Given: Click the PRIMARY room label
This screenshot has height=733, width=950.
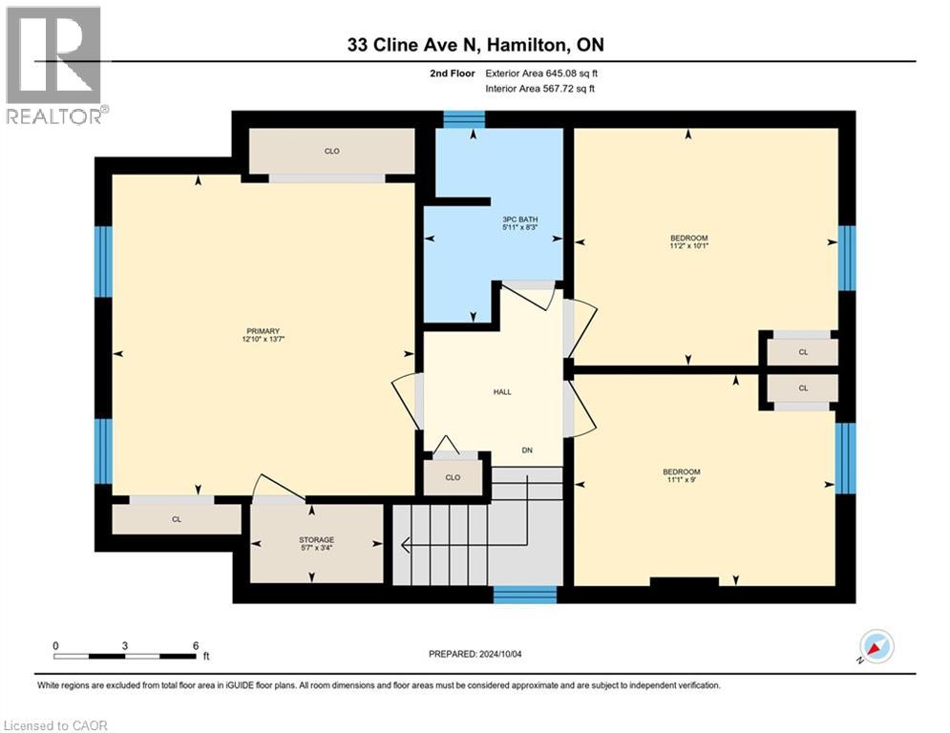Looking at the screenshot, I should click(x=263, y=330).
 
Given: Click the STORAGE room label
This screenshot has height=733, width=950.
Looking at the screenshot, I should click(x=316, y=539).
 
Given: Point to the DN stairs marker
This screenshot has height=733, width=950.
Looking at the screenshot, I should click(x=526, y=450).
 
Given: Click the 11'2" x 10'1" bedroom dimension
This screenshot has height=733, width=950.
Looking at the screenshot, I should click(x=688, y=245).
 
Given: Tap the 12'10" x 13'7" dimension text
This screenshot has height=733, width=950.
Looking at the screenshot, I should click(x=263, y=339).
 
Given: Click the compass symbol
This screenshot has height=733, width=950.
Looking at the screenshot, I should click(x=876, y=646).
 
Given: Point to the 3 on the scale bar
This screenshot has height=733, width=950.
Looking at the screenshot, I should click(x=125, y=645).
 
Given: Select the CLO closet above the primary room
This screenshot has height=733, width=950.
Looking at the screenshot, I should click(x=331, y=151).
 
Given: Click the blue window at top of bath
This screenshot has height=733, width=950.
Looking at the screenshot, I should click(x=464, y=119).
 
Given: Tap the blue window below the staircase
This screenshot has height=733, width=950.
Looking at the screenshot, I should click(x=525, y=595).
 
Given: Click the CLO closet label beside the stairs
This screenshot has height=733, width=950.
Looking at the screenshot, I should click(x=453, y=477).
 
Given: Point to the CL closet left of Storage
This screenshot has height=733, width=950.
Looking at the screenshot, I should click(x=177, y=519).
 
